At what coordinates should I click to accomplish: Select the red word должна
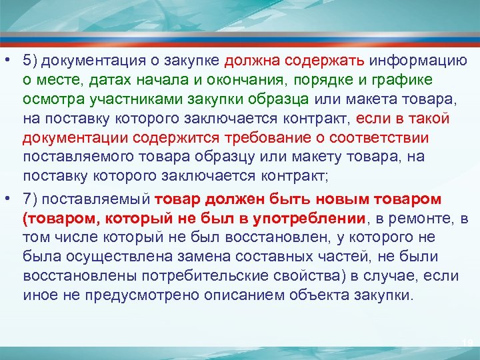250,61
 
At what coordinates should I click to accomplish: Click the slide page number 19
467,343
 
